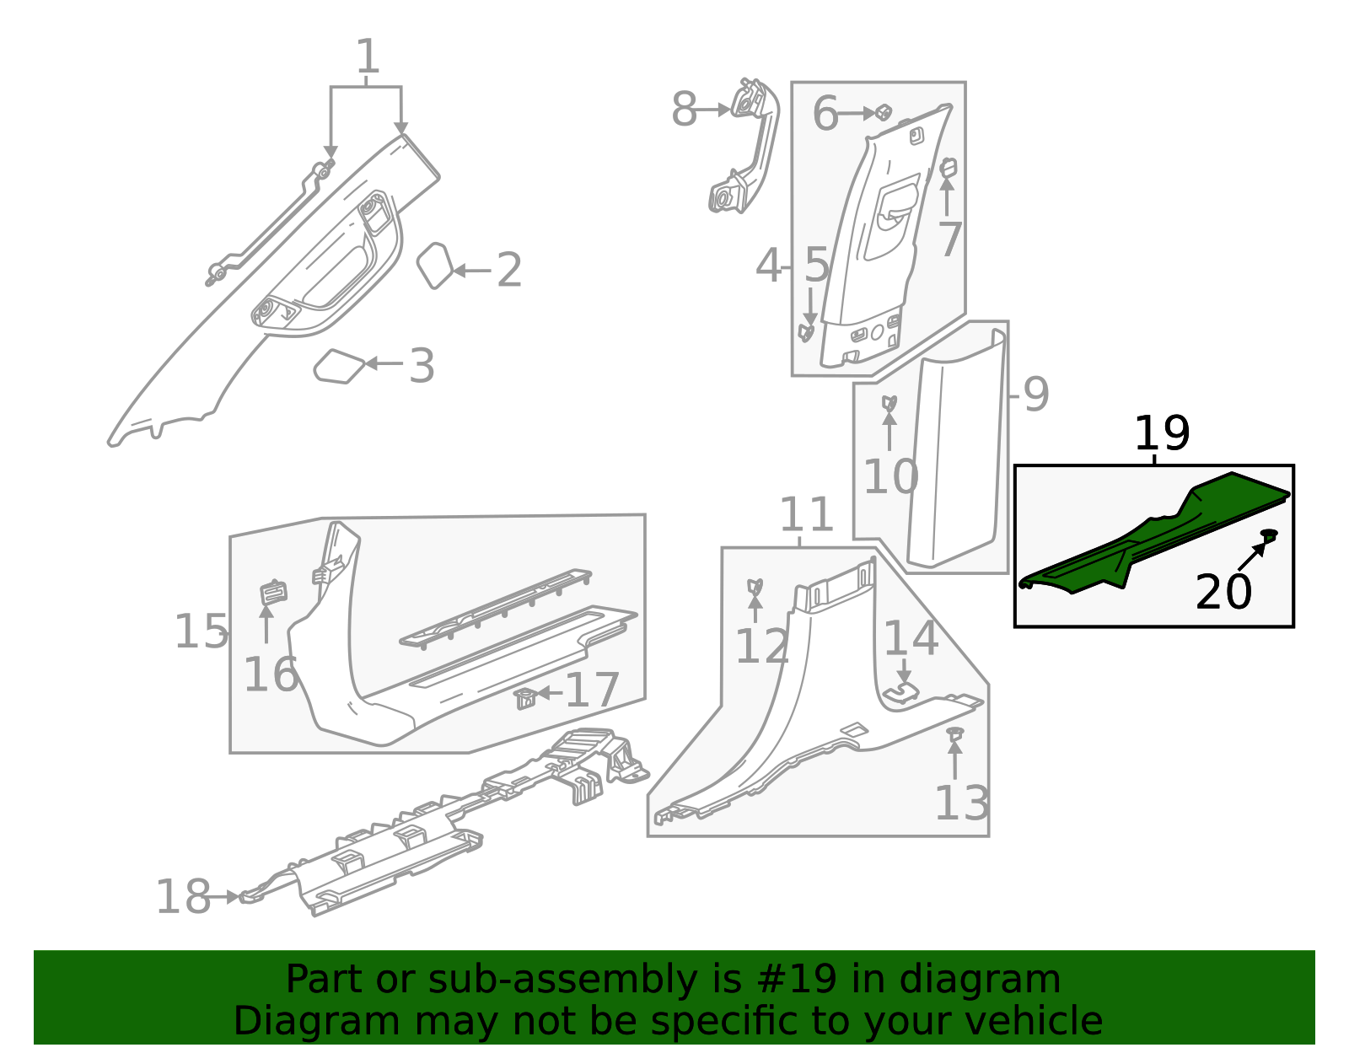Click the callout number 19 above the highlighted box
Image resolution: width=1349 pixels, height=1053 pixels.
(x=1161, y=434)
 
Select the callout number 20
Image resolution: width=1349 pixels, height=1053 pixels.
(x=1223, y=592)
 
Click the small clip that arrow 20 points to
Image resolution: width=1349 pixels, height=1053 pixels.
(x=1269, y=535)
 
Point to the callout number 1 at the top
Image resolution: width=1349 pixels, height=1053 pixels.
(x=368, y=57)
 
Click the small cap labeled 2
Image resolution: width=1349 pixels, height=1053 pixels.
(x=434, y=266)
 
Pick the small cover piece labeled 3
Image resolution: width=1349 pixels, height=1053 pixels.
(x=339, y=367)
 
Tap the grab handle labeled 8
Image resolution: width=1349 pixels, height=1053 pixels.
(x=746, y=148)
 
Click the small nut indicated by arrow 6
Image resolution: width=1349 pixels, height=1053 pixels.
(x=883, y=112)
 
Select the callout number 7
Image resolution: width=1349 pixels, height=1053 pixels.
(x=950, y=239)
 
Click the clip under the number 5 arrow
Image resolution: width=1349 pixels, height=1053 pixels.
(x=807, y=332)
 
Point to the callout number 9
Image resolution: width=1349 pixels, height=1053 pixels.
(x=1035, y=394)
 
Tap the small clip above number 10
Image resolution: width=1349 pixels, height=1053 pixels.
(x=889, y=403)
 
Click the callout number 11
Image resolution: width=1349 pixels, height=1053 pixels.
(x=806, y=514)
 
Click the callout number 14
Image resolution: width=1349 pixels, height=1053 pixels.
(x=911, y=638)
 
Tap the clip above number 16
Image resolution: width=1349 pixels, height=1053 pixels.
(x=272, y=592)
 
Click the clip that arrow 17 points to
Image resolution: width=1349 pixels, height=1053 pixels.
(x=524, y=698)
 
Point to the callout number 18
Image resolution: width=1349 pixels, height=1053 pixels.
(x=183, y=896)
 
